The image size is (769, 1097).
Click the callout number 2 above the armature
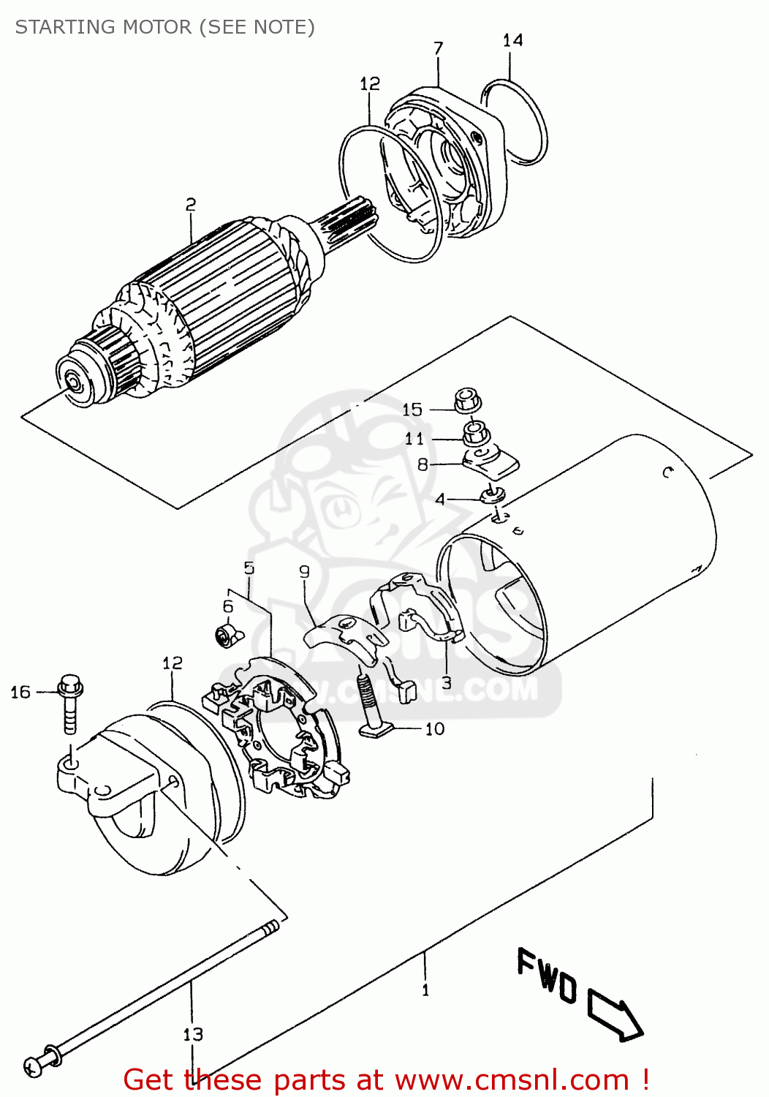tap(190, 205)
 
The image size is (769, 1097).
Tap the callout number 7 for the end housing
tap(438, 49)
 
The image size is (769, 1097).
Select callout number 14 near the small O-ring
tap(512, 40)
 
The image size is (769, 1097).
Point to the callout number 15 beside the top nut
tap(412, 410)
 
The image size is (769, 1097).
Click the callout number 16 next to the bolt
tap(20, 692)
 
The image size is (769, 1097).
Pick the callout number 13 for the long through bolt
tap(193, 1034)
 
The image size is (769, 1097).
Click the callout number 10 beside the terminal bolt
tap(435, 729)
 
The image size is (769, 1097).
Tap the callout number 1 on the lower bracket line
tap(425, 990)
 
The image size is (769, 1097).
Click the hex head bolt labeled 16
tap(70, 702)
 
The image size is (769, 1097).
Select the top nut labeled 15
tap(466, 401)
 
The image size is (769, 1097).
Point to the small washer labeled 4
tap(493, 496)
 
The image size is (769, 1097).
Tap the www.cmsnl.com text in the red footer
tap(509, 1080)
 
